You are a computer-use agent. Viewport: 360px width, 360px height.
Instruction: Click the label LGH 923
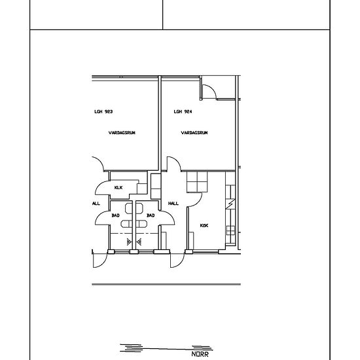(x=103, y=112)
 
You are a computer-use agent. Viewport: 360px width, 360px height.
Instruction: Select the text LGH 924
(x=183, y=112)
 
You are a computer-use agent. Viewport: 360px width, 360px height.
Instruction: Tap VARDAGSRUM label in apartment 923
(x=122, y=133)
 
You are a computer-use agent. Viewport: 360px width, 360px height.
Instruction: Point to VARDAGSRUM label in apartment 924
(x=194, y=133)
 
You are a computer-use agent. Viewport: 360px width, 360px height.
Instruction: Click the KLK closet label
(x=118, y=188)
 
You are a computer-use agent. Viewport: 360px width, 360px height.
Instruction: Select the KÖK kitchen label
(x=204, y=225)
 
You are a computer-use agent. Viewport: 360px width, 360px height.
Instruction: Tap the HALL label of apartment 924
(x=173, y=204)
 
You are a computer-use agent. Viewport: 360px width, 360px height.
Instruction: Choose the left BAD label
(x=115, y=215)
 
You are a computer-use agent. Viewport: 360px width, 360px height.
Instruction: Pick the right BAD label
(x=151, y=215)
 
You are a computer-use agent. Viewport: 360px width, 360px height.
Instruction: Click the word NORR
(x=200, y=354)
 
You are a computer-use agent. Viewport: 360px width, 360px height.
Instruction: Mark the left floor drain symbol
(x=129, y=242)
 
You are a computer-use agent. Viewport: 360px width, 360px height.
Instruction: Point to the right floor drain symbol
(x=139, y=242)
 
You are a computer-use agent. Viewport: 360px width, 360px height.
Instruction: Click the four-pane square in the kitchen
(x=197, y=182)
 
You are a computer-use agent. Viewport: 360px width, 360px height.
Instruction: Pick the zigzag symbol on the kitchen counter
(x=230, y=204)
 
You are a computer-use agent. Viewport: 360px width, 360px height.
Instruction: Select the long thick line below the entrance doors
(x=166, y=284)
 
